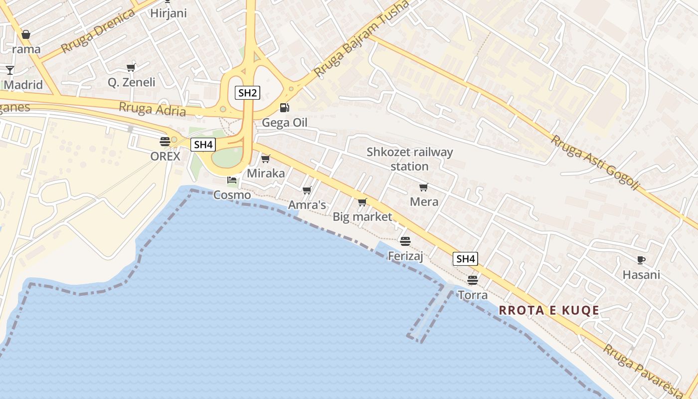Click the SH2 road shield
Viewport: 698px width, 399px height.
point(247,93)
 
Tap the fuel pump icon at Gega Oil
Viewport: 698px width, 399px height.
point(284,107)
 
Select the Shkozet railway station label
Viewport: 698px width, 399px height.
point(409,159)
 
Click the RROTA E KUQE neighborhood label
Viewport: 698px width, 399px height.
point(549,310)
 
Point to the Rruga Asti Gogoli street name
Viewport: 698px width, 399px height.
point(594,162)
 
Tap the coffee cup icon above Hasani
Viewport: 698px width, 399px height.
point(641,260)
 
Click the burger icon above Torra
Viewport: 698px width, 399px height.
point(473,280)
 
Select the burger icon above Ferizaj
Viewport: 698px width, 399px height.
point(405,241)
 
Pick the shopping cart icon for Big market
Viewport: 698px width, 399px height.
point(362,202)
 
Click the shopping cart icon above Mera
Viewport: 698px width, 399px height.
point(424,187)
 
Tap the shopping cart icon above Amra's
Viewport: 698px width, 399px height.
point(307,190)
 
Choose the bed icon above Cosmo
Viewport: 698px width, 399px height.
point(232,180)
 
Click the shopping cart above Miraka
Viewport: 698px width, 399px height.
point(266,159)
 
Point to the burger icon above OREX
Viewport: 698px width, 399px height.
point(165,141)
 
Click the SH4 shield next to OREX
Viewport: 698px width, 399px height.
point(203,145)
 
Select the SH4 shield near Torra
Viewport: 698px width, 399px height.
point(465,259)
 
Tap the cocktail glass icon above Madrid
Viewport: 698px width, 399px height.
point(9,70)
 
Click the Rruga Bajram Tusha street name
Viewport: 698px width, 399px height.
point(361,38)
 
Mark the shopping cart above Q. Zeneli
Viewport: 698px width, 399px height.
point(131,67)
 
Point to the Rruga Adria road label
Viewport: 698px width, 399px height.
point(153,108)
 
